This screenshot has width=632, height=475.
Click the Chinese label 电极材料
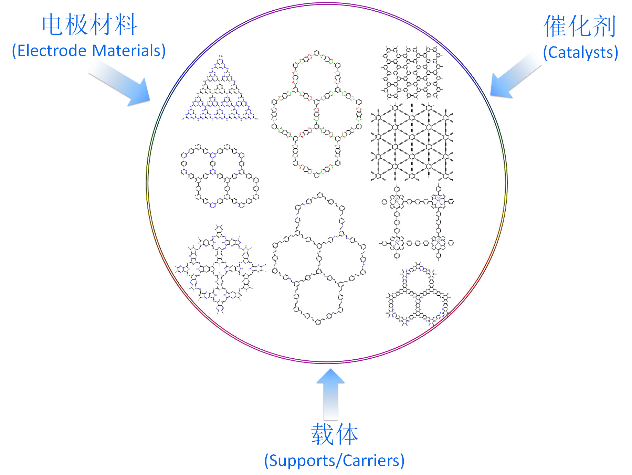89,25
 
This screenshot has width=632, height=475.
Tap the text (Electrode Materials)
89,51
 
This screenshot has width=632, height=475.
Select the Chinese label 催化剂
580,26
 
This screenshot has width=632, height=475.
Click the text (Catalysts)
580,52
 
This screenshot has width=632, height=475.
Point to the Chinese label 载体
334,434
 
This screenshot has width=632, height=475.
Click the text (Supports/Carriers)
334,460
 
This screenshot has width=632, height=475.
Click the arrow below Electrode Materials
120,83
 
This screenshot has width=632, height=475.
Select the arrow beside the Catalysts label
515,76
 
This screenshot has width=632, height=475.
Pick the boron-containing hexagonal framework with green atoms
316,114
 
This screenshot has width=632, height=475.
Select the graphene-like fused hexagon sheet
412,72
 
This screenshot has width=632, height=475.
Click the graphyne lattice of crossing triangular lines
412,142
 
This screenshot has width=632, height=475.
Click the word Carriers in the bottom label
373,460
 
